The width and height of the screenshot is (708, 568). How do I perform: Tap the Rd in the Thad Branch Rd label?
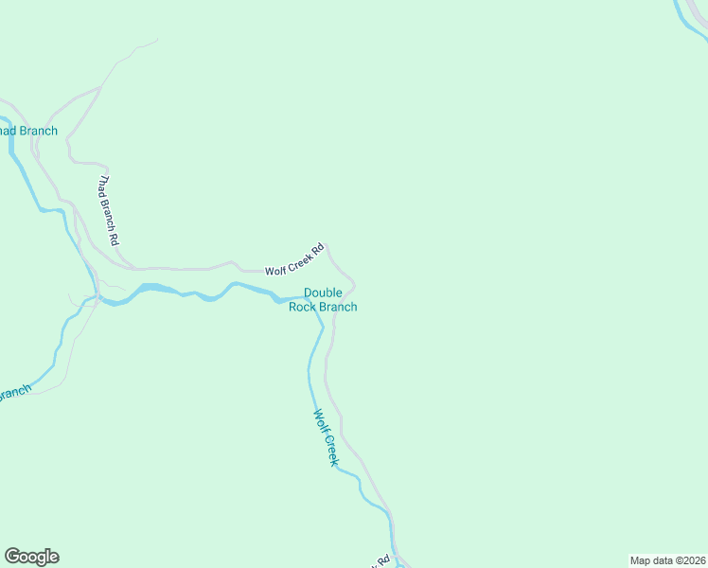point(115,238)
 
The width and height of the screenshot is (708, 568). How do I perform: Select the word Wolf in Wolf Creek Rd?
point(275,269)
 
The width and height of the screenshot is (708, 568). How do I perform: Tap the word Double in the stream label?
point(323,293)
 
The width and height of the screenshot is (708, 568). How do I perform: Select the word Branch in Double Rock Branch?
point(338,307)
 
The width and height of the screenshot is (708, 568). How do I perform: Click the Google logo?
point(31,557)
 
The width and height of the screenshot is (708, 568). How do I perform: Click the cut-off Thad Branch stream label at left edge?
point(28,132)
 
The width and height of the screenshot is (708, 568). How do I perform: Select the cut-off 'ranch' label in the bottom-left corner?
point(15,392)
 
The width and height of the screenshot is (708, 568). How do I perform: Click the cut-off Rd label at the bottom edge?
point(383,562)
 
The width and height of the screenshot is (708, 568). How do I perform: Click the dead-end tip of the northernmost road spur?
point(157,40)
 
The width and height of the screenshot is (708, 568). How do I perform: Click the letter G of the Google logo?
point(12,557)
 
